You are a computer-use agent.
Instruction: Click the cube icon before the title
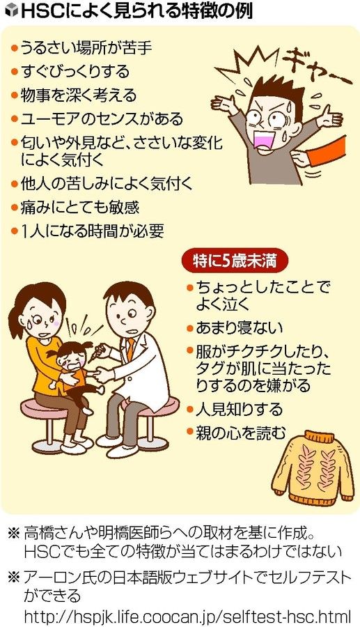pos(12,11)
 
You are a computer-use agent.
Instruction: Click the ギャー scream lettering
pos(315,67)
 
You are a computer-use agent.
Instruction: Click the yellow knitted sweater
pos(313,467)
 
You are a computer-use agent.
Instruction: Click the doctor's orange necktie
pos(130,348)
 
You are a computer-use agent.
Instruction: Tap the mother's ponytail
pos(15,318)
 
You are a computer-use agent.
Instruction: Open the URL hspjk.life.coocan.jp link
pos(187,614)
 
